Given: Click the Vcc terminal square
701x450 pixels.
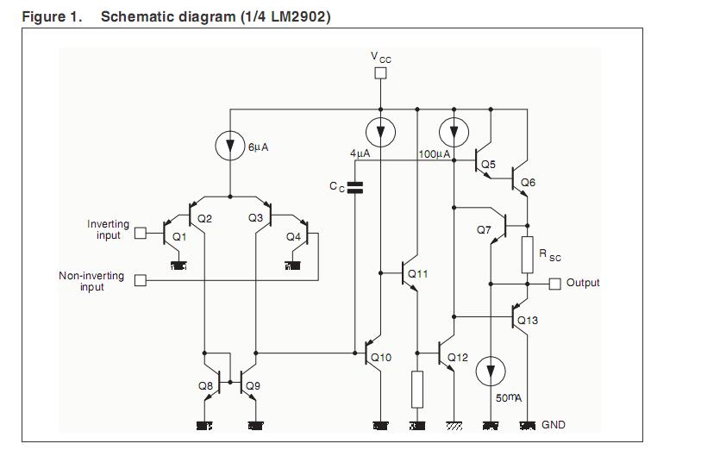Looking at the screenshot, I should (x=380, y=73).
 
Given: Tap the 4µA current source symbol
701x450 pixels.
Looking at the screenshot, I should (x=380, y=131).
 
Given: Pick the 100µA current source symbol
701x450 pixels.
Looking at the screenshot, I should (x=454, y=131).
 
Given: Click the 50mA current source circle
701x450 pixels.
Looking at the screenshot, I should (x=491, y=372).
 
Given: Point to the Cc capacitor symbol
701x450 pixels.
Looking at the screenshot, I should (x=354, y=185).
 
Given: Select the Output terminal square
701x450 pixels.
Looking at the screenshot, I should (x=554, y=284).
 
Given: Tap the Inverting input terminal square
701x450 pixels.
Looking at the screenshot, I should (x=141, y=231).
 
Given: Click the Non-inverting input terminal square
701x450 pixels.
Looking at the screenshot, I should (x=141, y=280).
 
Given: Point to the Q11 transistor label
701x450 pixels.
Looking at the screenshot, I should (x=417, y=274).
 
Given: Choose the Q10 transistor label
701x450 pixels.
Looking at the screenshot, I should (x=381, y=357).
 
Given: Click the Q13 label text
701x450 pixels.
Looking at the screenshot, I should (x=527, y=321).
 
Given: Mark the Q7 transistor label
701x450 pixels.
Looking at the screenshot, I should (x=484, y=230).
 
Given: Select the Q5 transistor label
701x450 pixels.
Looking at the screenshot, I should (x=488, y=164).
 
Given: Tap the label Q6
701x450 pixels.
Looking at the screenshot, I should (x=528, y=183).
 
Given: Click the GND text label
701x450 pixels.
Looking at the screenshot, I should (x=554, y=425).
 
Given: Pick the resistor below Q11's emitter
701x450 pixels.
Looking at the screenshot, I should (x=417, y=389).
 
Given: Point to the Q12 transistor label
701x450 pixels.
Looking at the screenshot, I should (x=458, y=357).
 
